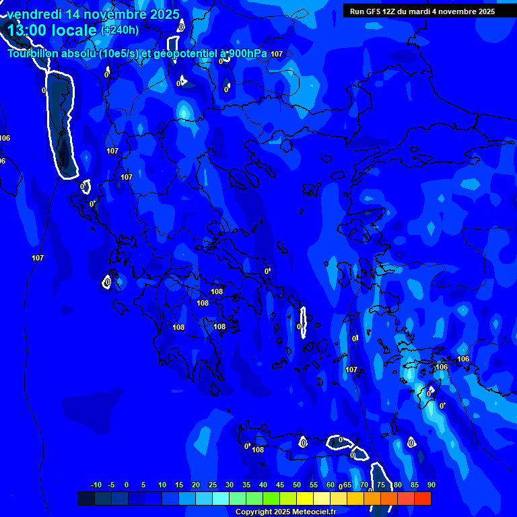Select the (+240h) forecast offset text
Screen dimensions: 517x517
[x=120, y=30]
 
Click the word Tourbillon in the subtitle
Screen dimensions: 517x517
[x=32, y=54]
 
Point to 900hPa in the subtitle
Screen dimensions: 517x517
[x=248, y=53]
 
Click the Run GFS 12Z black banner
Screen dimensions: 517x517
[x=422, y=11]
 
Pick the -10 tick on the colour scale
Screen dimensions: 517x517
[x=96, y=485]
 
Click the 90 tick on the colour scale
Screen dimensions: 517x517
[x=431, y=485]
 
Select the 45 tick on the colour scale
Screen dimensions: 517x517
[x=280, y=485]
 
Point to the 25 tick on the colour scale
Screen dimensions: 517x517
[x=213, y=485]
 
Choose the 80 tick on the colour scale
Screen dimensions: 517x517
[x=397, y=485]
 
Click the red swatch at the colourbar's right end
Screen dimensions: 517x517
[x=422, y=498]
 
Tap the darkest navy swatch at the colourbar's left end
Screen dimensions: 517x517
[x=86, y=498]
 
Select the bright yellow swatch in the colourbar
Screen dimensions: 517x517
[x=305, y=498]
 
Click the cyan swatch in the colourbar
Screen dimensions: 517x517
[x=221, y=498]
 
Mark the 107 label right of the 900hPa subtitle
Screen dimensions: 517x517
[x=277, y=54]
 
